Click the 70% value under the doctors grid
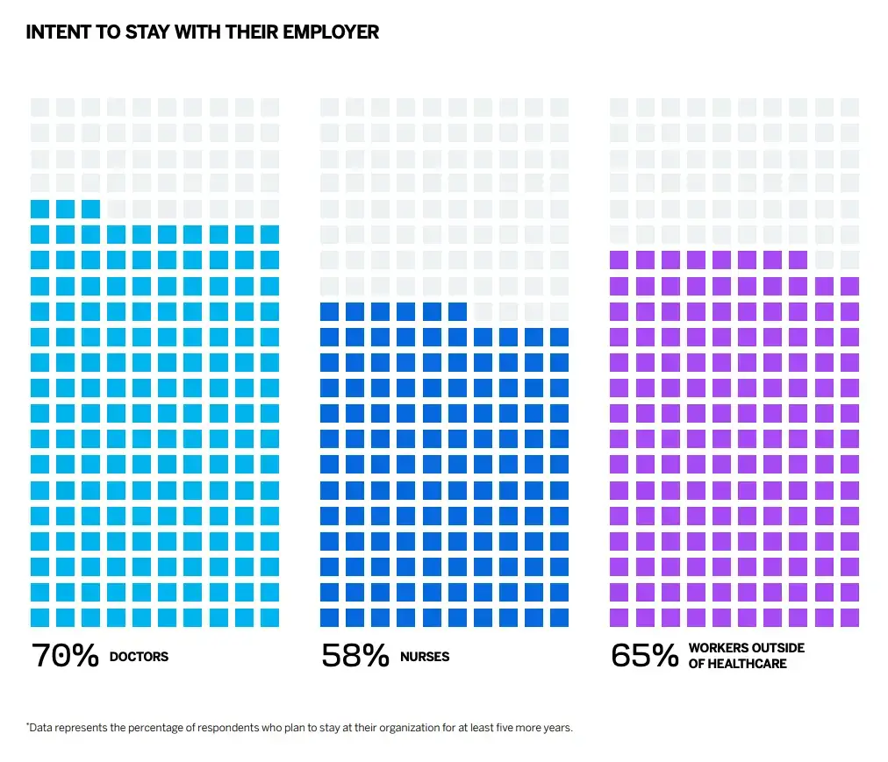click(x=64, y=656)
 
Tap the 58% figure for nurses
click(x=354, y=656)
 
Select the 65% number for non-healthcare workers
click(x=644, y=656)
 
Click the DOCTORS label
click(x=139, y=657)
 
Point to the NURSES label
click(x=425, y=657)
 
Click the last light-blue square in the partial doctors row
click(x=90, y=209)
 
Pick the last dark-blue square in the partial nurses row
click(x=456, y=310)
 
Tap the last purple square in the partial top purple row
click(x=797, y=260)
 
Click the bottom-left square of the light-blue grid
click(x=39, y=617)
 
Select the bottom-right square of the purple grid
click(x=849, y=617)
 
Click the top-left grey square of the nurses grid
click(x=329, y=107)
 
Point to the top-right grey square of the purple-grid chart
click(x=849, y=107)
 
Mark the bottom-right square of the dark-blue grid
click(x=559, y=617)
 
